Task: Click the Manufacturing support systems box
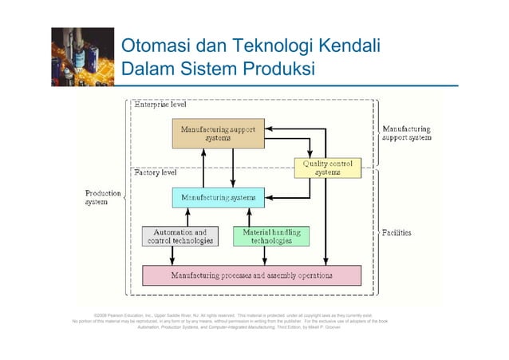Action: [x=218, y=133]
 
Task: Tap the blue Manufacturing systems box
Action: [x=218, y=197]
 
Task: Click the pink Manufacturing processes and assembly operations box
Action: [x=251, y=275]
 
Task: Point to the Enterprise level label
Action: [x=160, y=105]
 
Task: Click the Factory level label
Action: [x=156, y=173]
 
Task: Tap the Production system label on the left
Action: [x=103, y=197]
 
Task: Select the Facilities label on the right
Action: [x=396, y=233]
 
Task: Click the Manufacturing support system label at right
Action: [x=407, y=133]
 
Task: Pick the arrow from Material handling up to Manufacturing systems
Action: [x=249, y=217]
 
